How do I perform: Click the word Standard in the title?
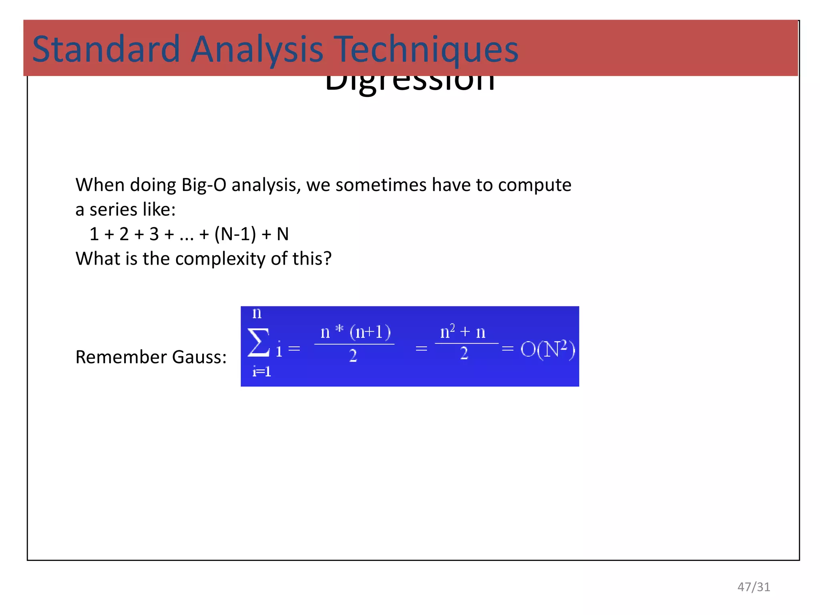pos(106,49)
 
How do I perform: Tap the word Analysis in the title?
pos(256,49)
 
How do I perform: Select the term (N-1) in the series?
pos(235,234)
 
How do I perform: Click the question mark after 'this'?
pos(328,259)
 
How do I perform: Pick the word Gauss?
pos(199,357)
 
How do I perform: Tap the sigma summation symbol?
pos(258,342)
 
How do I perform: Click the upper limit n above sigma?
pos(257,313)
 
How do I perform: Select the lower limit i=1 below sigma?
pos(261,372)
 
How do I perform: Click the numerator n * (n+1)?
pos(356,332)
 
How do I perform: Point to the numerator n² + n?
pos(463,332)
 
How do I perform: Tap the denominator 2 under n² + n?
pos(464,354)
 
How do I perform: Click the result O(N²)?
pos(547,349)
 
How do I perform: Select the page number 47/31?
pos(754,587)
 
